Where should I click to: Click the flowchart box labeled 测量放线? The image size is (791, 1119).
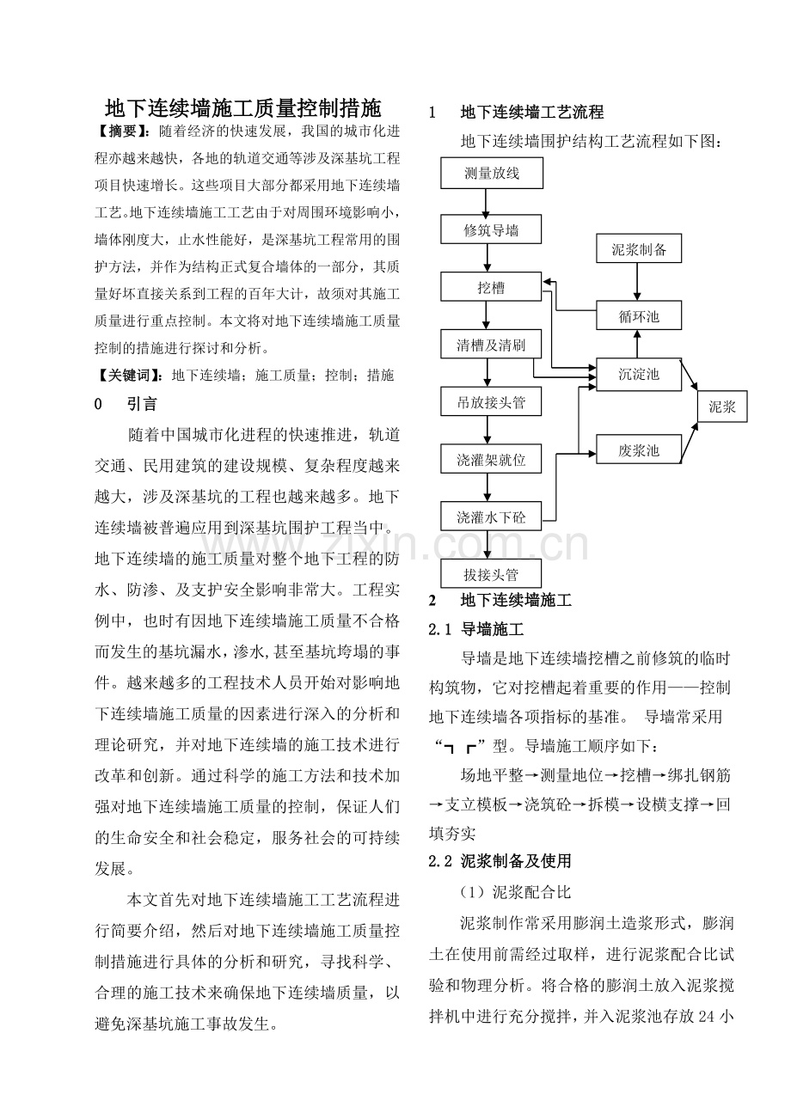click(x=492, y=173)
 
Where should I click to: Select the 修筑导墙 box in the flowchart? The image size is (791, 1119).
click(x=492, y=230)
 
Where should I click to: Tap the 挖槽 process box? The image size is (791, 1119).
click(x=492, y=288)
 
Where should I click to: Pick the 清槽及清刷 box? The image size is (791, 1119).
click(x=492, y=345)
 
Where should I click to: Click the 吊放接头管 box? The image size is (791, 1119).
click(x=492, y=402)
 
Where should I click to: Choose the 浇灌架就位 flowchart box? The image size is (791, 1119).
click(x=492, y=460)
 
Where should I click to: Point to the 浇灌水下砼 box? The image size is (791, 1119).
click(x=492, y=517)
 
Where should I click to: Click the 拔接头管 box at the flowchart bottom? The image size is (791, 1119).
click(x=492, y=573)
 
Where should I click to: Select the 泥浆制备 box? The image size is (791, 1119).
click(x=639, y=250)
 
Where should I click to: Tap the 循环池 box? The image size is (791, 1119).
click(x=639, y=316)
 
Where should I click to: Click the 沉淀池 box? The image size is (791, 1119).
click(x=639, y=374)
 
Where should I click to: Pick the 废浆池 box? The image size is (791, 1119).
click(x=639, y=449)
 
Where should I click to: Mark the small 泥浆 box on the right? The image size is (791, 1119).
click(x=722, y=407)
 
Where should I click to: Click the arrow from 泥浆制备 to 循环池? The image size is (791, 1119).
click(x=638, y=283)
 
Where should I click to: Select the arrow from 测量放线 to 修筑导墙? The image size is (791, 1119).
click(x=487, y=202)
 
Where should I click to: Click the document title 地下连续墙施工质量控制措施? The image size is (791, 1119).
click(x=242, y=108)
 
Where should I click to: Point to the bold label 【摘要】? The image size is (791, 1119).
click(x=126, y=131)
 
